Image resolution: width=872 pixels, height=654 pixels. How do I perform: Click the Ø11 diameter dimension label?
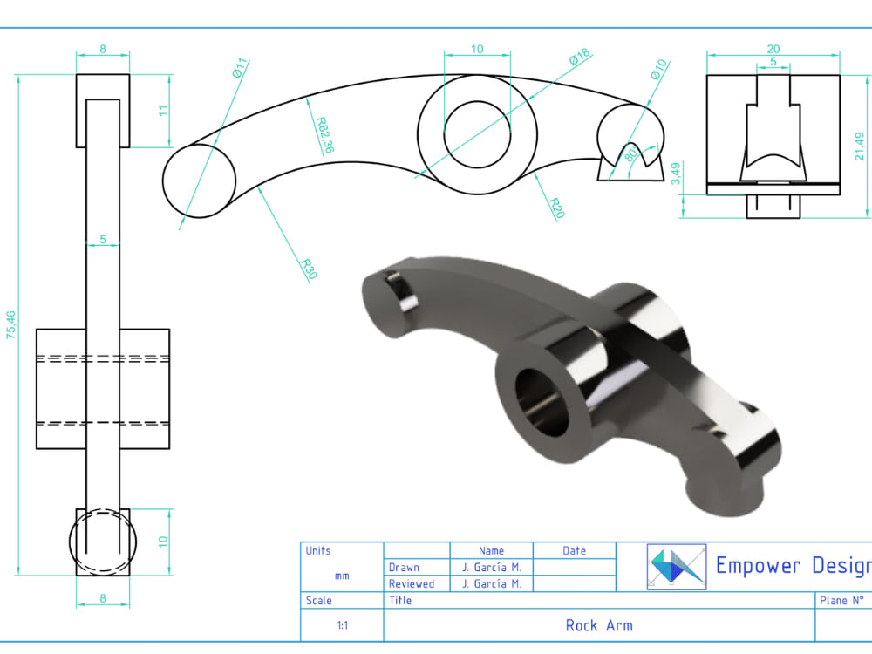(241, 70)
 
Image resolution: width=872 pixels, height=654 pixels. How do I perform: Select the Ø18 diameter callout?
(580, 58)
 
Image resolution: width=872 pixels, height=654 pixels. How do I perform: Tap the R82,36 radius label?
(324, 135)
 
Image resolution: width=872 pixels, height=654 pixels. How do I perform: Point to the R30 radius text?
(308, 269)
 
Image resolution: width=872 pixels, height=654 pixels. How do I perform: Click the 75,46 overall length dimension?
(10, 325)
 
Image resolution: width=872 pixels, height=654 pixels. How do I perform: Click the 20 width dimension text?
(773, 50)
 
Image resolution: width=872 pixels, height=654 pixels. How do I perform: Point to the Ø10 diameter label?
(658, 71)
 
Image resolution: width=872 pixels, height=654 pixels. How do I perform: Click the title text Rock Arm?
(599, 625)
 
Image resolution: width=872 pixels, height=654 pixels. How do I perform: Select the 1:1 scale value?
(342, 625)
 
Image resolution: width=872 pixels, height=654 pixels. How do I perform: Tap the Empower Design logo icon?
(677, 567)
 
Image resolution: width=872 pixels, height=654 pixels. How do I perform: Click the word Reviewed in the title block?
(412, 584)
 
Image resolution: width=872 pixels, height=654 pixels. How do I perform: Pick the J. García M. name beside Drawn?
(491, 568)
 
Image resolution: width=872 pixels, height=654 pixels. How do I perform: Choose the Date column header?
(574, 551)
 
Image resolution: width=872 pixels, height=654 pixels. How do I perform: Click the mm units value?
(342, 576)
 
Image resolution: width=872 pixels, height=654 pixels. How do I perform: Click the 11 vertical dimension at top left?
(163, 111)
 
